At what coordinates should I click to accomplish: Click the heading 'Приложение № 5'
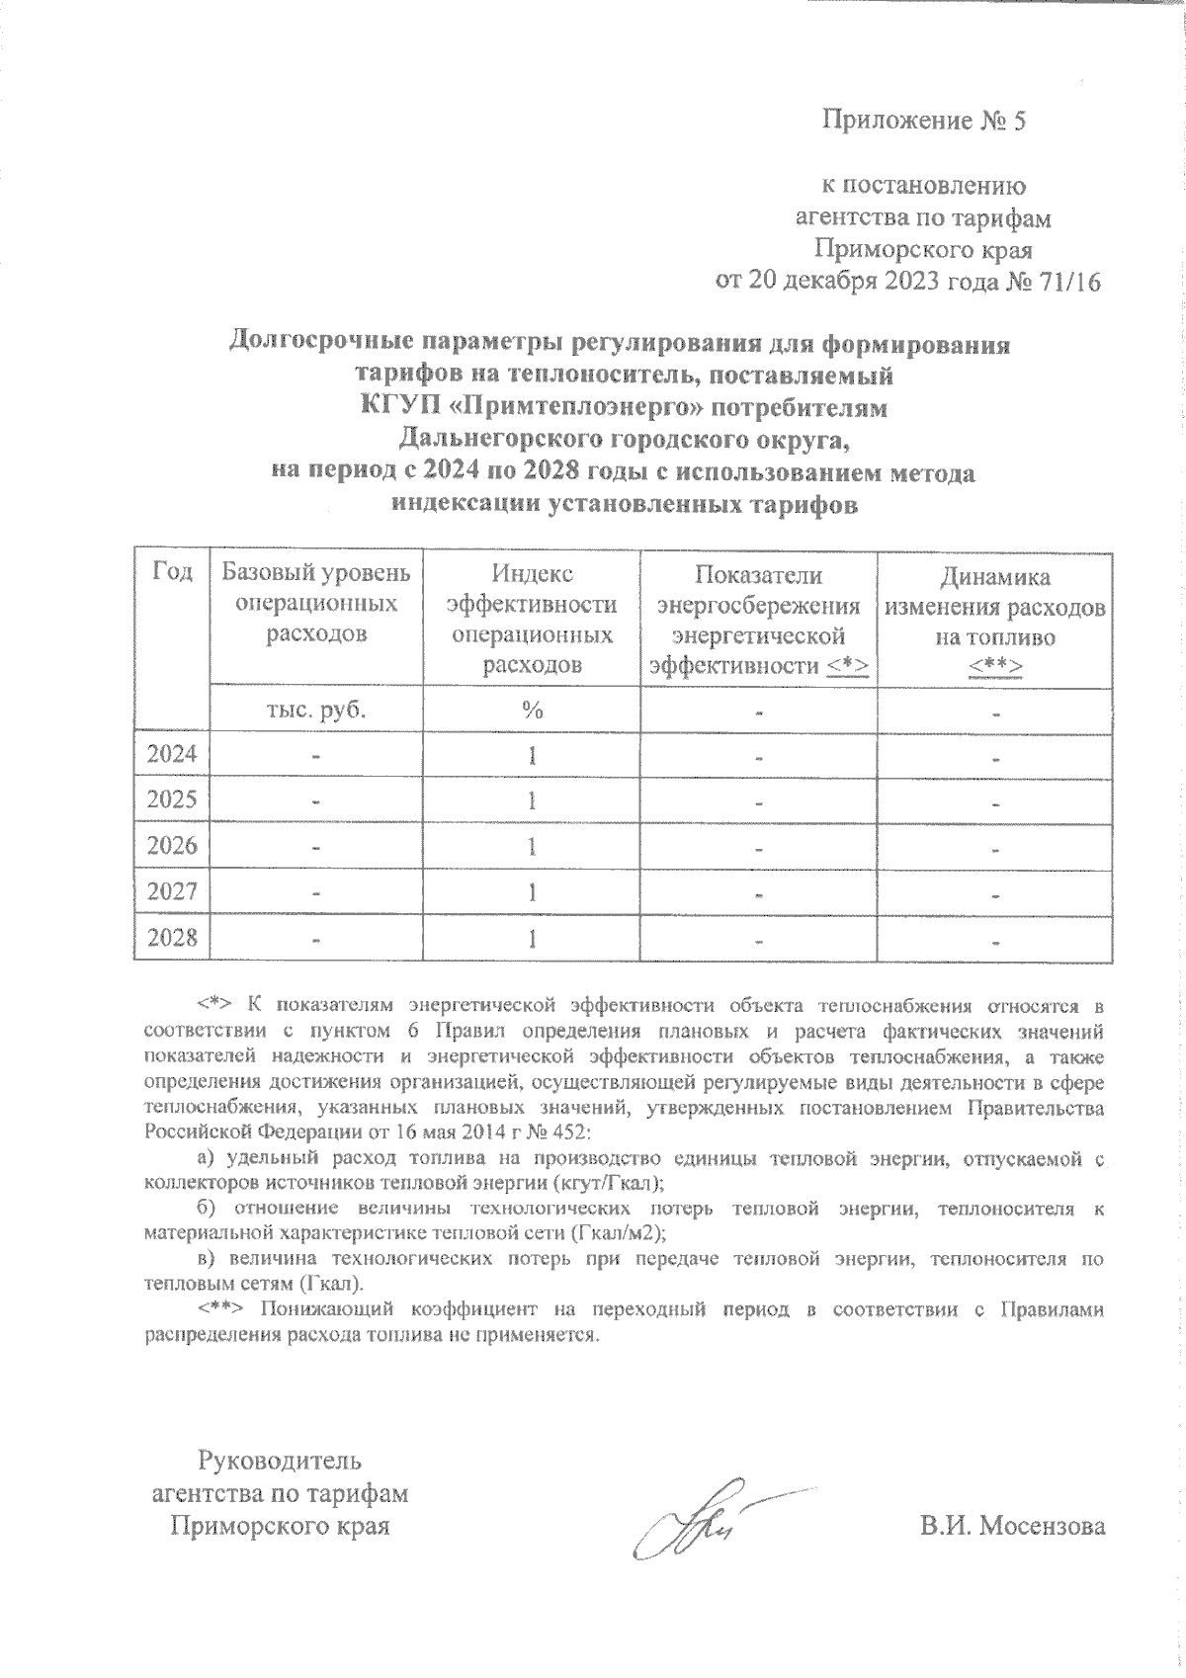pos(925,122)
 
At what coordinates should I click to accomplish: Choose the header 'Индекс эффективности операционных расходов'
pos(532,620)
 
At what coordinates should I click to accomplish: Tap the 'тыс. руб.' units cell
pos(316,710)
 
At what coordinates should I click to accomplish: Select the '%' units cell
pos(532,710)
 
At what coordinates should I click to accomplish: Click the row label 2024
pos(172,755)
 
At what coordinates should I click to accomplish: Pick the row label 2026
pos(172,846)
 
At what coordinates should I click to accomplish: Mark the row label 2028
pos(172,937)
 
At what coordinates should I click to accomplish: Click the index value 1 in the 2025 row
pos(532,800)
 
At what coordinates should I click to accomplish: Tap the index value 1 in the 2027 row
pos(532,891)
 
